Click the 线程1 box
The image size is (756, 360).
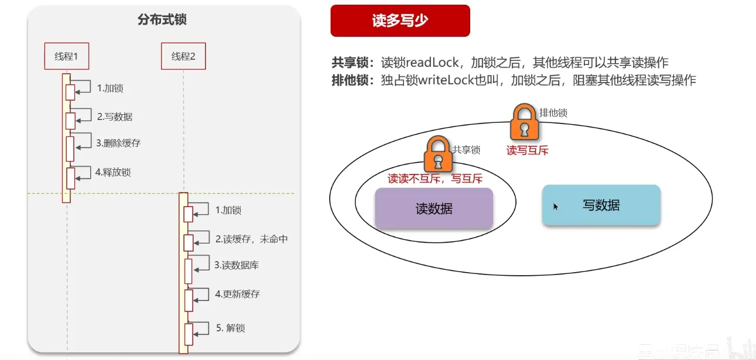point(66,56)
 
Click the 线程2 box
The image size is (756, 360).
point(183,56)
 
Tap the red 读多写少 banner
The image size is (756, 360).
point(400,20)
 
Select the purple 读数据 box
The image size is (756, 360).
point(434,208)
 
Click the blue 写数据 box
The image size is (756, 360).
point(601,205)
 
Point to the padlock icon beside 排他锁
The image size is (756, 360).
point(524,122)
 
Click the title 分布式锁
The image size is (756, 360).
point(162,20)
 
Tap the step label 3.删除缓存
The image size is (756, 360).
point(118,143)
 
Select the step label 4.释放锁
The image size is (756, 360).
point(113,172)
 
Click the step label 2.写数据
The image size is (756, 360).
point(115,116)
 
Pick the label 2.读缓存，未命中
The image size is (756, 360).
point(251,239)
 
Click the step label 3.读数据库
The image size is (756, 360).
point(237,265)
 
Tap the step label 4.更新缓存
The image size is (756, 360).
point(237,294)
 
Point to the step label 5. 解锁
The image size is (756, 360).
point(231,328)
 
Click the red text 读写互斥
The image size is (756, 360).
point(527,150)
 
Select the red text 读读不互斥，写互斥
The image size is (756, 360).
point(435,179)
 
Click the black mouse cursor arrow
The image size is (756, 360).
point(556,206)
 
